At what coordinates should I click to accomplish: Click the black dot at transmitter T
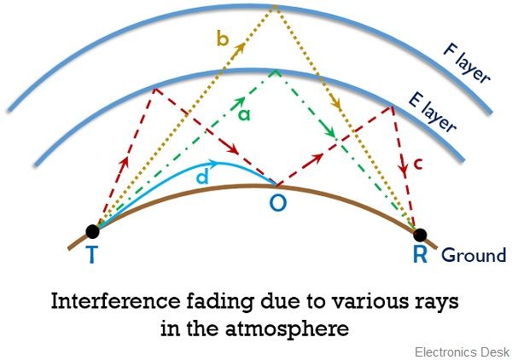pyautogui.click(x=93, y=230)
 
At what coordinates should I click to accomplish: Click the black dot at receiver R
pyautogui.click(x=418, y=234)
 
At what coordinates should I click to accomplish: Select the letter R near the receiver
pyautogui.click(x=420, y=256)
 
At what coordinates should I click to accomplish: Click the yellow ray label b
pyautogui.click(x=223, y=39)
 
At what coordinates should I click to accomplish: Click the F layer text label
pyautogui.click(x=466, y=62)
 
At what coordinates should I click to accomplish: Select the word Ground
pyautogui.click(x=474, y=255)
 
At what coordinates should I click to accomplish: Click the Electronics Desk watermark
pyautogui.click(x=462, y=351)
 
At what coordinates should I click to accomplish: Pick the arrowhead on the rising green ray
pyautogui.click(x=232, y=104)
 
